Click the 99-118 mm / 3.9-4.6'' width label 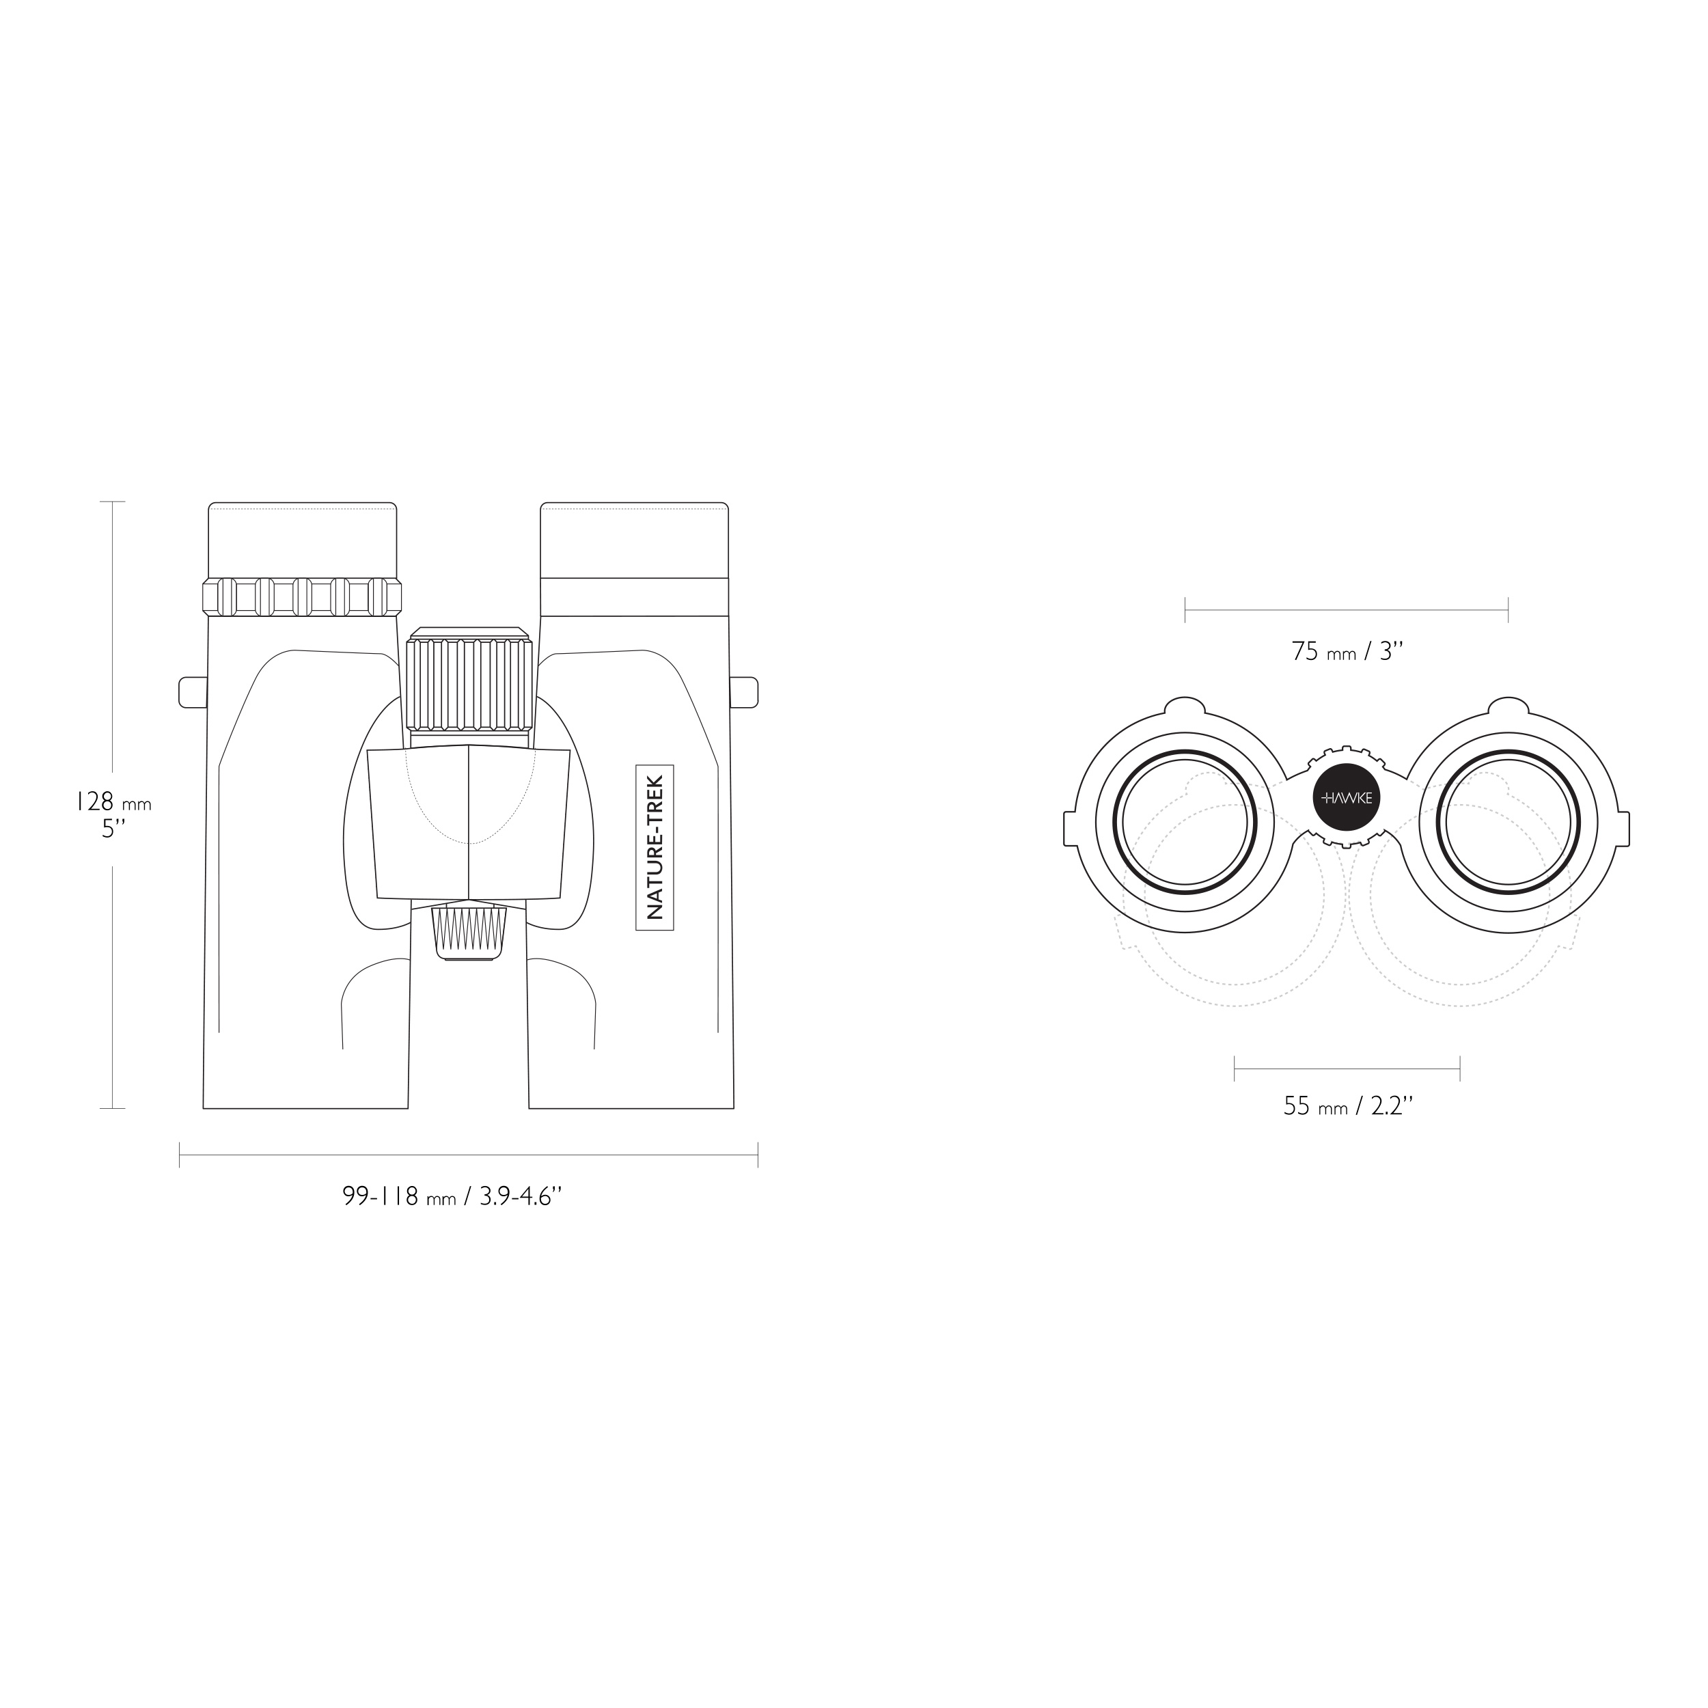pos(453,1197)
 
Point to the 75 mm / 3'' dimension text pos(1347,652)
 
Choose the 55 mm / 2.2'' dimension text pos(1348,1106)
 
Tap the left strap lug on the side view pos(193,692)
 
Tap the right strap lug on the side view pos(745,692)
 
